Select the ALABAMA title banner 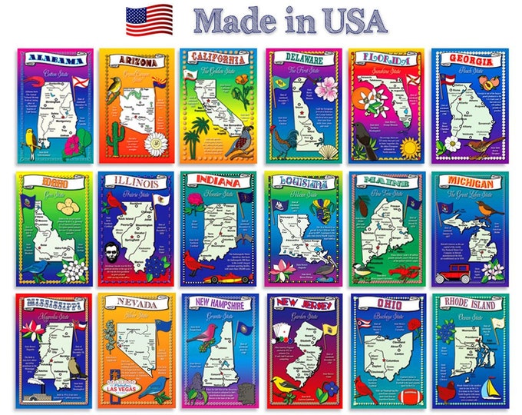[x=54, y=61]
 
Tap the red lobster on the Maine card [x=403, y=271]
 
